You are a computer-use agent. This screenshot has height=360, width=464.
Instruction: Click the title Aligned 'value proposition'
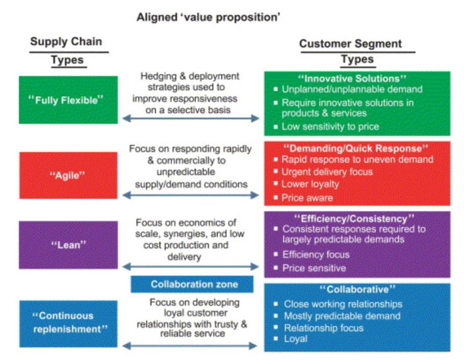click(208, 18)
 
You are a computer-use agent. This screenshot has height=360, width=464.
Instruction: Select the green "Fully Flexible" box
click(68, 100)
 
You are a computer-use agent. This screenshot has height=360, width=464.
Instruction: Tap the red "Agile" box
click(68, 176)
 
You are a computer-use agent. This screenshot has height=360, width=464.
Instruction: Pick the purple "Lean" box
click(68, 245)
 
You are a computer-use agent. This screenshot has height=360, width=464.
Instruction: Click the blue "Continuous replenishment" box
click(68, 323)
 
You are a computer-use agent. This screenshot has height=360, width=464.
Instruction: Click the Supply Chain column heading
click(67, 41)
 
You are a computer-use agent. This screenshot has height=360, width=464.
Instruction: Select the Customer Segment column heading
click(350, 44)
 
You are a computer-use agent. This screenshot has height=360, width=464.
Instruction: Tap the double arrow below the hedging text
click(190, 118)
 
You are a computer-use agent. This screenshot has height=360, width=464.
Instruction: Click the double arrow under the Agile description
click(190, 195)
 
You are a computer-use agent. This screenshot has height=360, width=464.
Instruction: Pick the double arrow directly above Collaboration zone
click(190, 267)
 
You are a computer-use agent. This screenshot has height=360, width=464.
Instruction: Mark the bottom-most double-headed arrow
click(190, 346)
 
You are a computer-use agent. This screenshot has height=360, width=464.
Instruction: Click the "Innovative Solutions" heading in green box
click(356, 78)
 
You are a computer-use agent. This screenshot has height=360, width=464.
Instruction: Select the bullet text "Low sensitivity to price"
click(330, 127)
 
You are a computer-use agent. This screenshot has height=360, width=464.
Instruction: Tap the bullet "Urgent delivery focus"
click(327, 172)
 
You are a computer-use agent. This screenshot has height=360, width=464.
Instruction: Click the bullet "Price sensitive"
click(314, 268)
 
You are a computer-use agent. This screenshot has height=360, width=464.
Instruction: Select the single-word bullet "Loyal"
click(296, 339)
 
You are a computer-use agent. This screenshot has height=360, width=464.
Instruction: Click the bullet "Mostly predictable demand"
click(342, 316)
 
